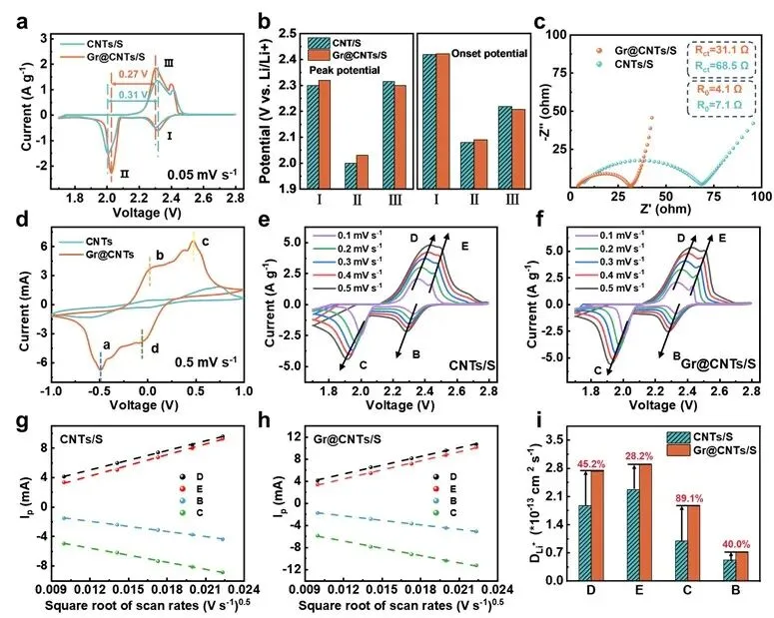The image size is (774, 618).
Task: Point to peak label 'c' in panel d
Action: click(206, 241)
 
